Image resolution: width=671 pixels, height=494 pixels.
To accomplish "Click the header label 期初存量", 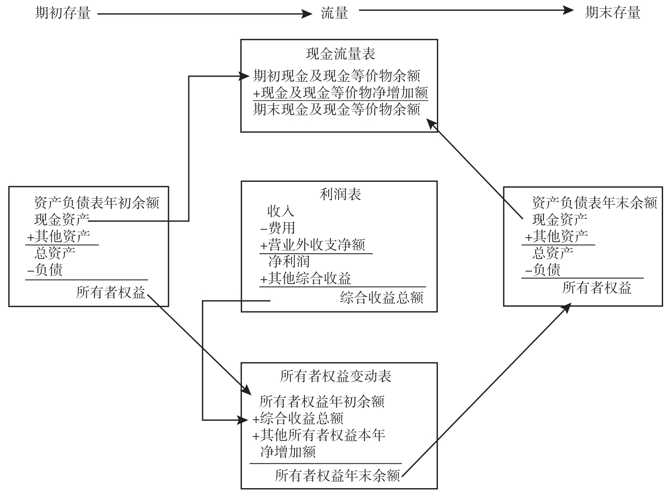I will click(x=62, y=13).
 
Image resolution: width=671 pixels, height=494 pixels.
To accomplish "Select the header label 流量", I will click(x=334, y=13).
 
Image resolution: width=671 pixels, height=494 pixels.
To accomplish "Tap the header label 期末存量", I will click(x=612, y=13).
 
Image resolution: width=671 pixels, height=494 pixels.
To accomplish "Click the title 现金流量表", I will click(x=340, y=54).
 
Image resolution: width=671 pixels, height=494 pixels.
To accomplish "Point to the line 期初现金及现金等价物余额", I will click(x=336, y=76).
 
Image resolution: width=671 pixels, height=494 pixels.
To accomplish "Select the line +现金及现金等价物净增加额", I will click(x=340, y=93).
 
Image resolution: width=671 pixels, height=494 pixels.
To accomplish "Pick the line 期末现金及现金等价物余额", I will click(x=336, y=109).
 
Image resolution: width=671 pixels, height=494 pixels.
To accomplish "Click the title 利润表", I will click(x=340, y=194).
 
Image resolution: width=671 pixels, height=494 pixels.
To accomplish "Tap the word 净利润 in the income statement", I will click(x=289, y=262).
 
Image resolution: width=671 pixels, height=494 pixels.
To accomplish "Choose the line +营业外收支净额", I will click(x=312, y=245).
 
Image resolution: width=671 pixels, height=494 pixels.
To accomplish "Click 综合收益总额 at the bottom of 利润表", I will click(x=382, y=297).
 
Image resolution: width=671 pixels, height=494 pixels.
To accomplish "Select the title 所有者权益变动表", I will click(x=335, y=376).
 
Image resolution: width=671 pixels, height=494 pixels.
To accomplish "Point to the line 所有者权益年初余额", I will click(x=322, y=402).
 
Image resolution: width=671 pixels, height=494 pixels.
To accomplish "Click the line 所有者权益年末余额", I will click(x=337, y=476).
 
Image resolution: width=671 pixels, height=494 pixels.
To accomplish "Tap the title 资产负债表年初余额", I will click(x=96, y=203).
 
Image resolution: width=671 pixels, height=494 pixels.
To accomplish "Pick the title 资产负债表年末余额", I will click(x=594, y=203).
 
